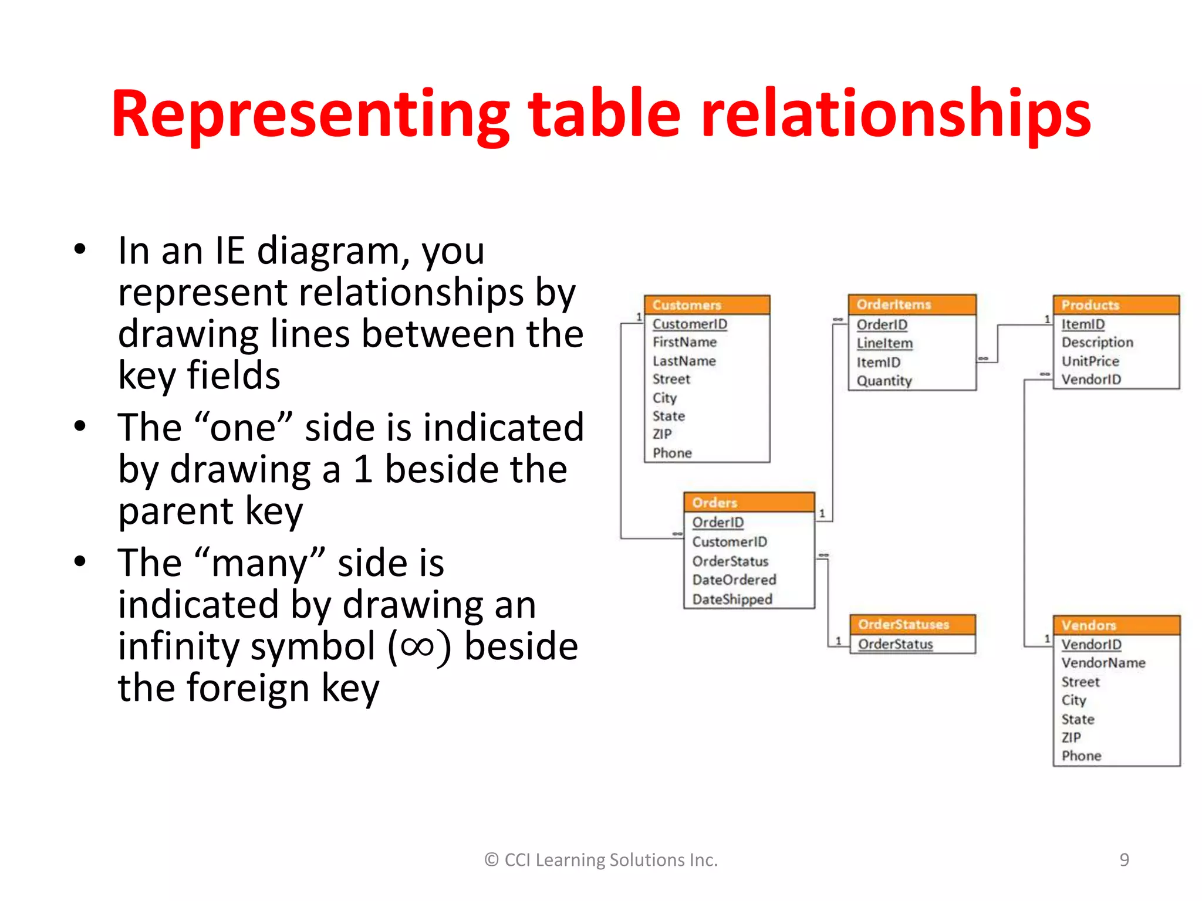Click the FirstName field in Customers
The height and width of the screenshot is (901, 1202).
pyautogui.click(x=684, y=342)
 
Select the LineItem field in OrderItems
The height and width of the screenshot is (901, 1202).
pyautogui.click(x=884, y=343)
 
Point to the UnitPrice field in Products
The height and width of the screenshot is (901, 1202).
pyautogui.click(x=1090, y=361)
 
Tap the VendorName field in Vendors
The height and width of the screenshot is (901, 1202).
pyautogui.click(x=1103, y=663)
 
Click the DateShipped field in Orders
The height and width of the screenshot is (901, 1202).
pyautogui.click(x=732, y=599)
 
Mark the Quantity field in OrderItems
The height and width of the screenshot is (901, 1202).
pyautogui.click(x=884, y=381)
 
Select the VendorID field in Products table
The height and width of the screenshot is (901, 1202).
pyautogui.click(x=1091, y=380)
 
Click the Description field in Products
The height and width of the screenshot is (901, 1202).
pyautogui.click(x=1097, y=342)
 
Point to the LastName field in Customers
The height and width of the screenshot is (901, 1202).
pyautogui.click(x=684, y=361)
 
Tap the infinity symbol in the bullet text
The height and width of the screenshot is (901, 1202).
pyautogui.click(x=418, y=646)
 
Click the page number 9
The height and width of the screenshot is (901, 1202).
pyautogui.click(x=1124, y=860)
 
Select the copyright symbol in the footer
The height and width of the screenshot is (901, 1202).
pyautogui.click(x=491, y=860)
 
